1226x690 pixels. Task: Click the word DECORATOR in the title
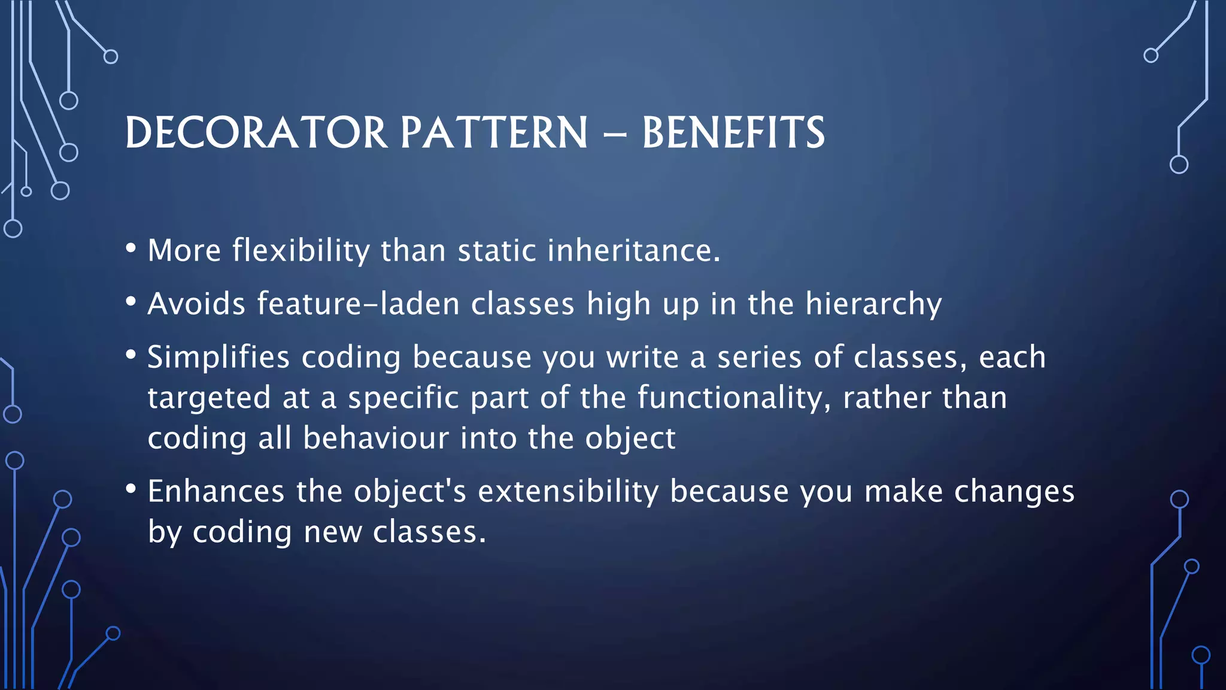[256, 132]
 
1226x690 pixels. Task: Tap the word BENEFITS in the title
[733, 132]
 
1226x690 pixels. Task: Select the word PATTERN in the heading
[494, 132]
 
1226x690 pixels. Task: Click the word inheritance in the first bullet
[633, 250]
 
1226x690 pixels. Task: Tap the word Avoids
[196, 304]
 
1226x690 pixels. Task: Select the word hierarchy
[873, 304]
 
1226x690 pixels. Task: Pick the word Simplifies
[219, 358]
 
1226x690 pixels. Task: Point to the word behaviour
[375, 438]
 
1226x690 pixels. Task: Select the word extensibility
[568, 492]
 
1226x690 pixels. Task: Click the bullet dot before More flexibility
[131, 247]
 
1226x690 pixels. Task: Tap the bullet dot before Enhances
[131, 489]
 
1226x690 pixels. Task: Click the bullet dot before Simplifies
[131, 355]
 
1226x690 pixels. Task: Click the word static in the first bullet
[497, 250]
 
